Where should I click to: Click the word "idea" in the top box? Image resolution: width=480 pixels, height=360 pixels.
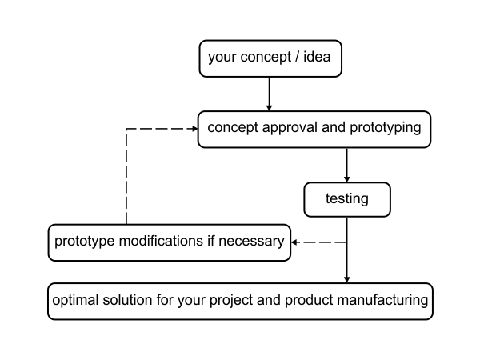click(x=317, y=57)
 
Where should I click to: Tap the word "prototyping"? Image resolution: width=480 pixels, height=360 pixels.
click(x=386, y=128)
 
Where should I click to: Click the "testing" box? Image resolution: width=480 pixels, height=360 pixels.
click(x=347, y=199)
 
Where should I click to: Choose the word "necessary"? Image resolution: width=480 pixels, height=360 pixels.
click(x=251, y=242)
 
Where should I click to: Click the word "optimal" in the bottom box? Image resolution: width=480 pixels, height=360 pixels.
click(x=75, y=300)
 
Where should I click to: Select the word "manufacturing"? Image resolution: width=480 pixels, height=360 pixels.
click(x=382, y=300)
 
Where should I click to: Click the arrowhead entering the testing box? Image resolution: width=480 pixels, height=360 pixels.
click(x=347, y=179)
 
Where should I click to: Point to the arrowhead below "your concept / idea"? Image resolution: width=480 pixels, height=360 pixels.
click(x=269, y=108)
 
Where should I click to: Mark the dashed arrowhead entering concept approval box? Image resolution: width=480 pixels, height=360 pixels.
click(x=194, y=129)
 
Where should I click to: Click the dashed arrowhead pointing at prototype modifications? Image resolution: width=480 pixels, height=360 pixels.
click(x=294, y=242)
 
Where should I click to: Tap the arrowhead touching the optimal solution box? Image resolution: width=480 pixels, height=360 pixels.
click(x=347, y=279)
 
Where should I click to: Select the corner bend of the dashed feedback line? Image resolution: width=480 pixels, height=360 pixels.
click(x=126, y=129)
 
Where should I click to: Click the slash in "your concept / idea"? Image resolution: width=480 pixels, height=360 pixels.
click(x=297, y=57)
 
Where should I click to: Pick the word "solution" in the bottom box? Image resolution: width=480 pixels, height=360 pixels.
click(x=127, y=300)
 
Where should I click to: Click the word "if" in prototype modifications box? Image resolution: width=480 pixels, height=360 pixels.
click(x=210, y=241)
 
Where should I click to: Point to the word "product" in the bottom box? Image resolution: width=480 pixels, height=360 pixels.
click(x=309, y=300)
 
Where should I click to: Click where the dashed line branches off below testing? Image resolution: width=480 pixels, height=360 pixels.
click(x=347, y=242)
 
